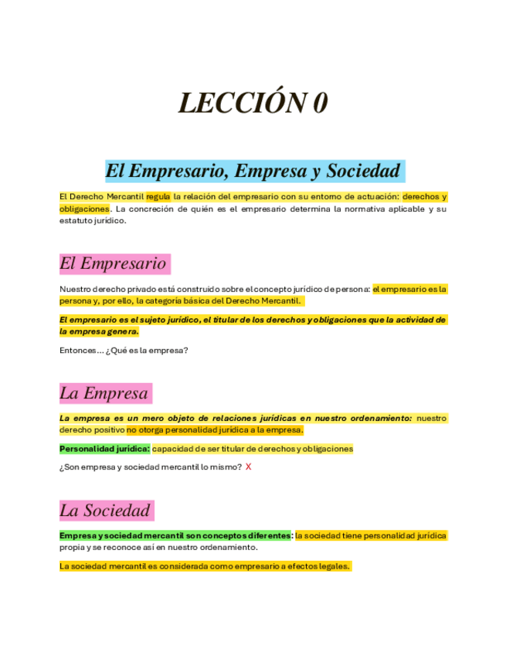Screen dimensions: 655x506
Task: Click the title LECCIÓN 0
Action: [x=253, y=102]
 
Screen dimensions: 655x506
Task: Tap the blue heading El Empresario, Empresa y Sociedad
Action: [x=253, y=171]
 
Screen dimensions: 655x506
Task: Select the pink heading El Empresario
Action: [x=113, y=263]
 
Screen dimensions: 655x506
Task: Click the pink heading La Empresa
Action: [x=104, y=393]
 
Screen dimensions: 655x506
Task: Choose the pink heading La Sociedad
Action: [x=105, y=511]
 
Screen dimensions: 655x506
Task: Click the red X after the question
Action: [x=248, y=467]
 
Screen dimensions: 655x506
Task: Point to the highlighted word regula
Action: [x=158, y=196]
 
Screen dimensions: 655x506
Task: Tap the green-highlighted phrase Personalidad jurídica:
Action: [x=104, y=449]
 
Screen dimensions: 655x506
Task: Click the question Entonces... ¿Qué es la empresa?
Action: [x=124, y=350]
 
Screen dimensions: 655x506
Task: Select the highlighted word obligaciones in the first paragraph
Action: [x=84, y=209]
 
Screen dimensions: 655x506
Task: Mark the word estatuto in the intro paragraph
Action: [x=76, y=221]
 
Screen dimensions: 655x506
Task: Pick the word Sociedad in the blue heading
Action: [x=362, y=171]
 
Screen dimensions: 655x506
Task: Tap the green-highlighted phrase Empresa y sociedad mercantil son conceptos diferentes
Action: [x=175, y=535]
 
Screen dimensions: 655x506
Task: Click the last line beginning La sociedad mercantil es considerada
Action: [x=205, y=566]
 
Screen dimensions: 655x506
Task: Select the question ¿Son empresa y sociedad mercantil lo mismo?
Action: [x=151, y=467]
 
